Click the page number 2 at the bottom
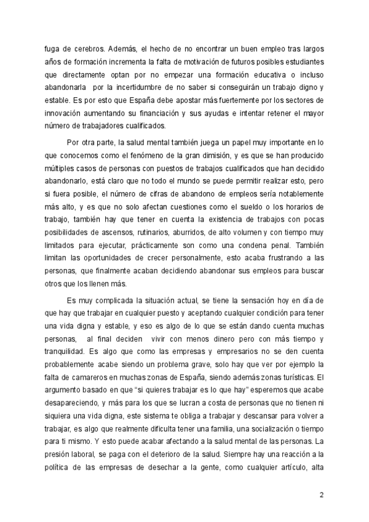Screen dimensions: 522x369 click(x=321, y=495)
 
